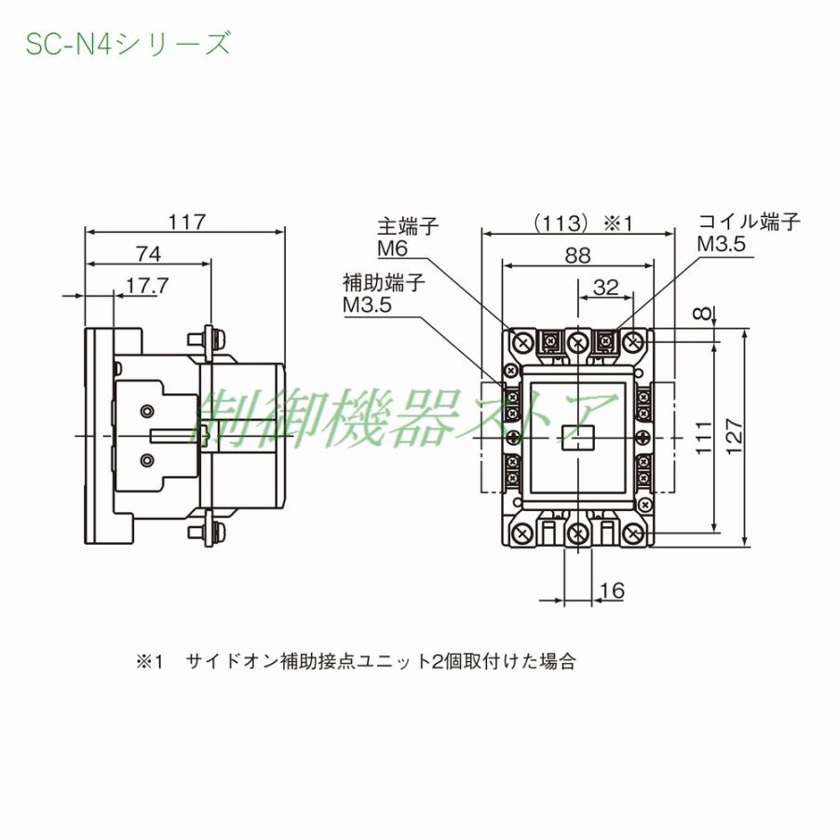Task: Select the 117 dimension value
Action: pos(185,223)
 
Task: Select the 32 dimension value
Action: pos(605,287)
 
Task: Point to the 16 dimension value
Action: pos(612,590)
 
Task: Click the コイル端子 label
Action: pos(750,222)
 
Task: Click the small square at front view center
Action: pos(577,434)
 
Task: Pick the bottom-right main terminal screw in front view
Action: pos(634,533)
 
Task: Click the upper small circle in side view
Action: pos(146,412)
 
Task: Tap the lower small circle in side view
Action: pos(146,460)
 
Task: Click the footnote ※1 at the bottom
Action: pos(150,662)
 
